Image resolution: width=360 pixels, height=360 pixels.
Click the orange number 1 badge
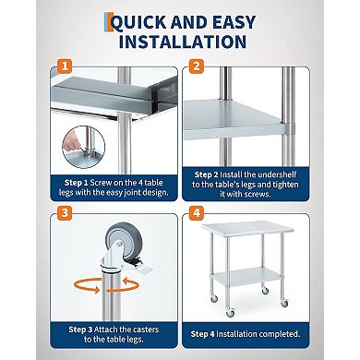[64, 66]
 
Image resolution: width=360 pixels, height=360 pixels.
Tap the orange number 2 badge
[197, 66]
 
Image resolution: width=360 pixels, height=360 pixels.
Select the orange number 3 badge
[64, 211]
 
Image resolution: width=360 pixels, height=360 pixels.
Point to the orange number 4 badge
[197, 211]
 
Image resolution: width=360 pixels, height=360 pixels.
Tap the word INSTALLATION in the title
[180, 42]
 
